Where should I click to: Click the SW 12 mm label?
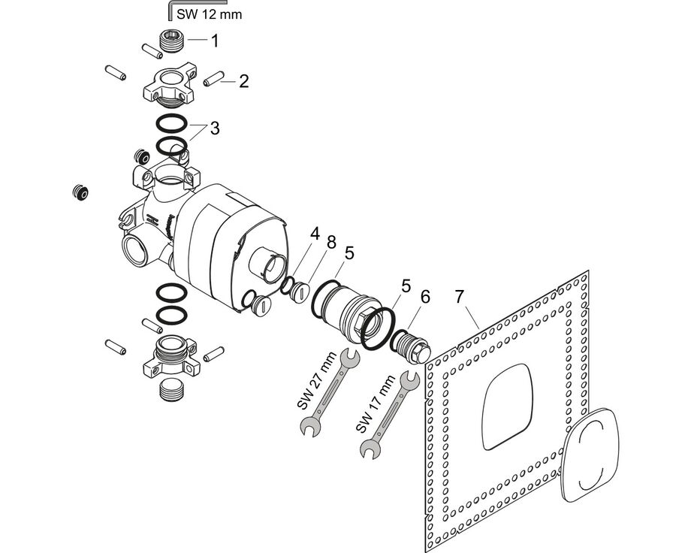pos(210,14)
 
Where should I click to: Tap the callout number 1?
pos(214,41)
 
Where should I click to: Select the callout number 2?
pos(243,81)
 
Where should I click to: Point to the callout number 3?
pos(215,128)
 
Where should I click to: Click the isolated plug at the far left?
pos(80,192)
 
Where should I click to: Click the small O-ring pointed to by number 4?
pos(287,283)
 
